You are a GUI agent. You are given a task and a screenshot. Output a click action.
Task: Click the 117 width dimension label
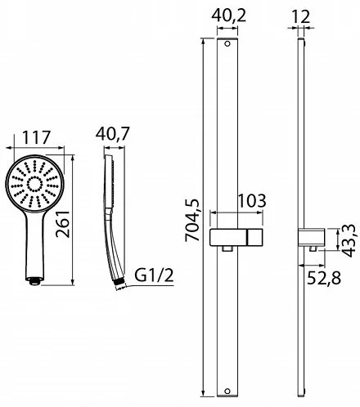[36, 137]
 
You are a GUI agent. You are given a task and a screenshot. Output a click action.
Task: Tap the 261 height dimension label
[63, 224]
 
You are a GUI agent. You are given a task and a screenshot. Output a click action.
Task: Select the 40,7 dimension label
[112, 134]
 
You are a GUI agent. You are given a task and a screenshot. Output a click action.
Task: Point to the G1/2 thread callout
[154, 275]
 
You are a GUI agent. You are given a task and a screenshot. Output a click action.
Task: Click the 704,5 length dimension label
[192, 221]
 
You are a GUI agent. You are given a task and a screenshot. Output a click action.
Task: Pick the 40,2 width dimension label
[229, 16]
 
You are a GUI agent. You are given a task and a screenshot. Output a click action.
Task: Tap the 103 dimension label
[252, 201]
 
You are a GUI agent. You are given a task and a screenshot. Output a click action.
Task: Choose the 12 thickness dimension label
[301, 16]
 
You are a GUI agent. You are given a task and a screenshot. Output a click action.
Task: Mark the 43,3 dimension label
[349, 241]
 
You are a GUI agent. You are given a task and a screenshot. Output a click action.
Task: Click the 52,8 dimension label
[324, 278]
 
